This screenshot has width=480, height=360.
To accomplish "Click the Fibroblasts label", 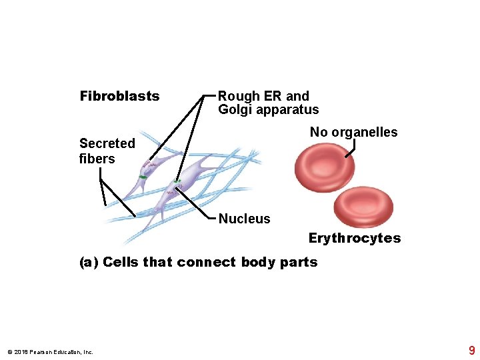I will click(x=119, y=96).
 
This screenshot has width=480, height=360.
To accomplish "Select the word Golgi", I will click(x=233, y=110).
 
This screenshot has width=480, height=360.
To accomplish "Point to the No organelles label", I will click(x=353, y=132).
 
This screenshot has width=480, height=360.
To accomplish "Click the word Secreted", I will click(x=107, y=143).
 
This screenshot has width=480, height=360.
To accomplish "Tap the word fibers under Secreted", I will click(x=97, y=159).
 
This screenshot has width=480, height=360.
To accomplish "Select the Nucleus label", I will click(x=244, y=219).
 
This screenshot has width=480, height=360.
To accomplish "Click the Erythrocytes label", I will click(x=355, y=238).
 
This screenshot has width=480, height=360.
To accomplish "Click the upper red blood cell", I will click(x=325, y=167).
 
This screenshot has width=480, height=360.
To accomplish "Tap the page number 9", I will click(x=472, y=351).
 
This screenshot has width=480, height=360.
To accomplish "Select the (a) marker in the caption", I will click(x=89, y=262).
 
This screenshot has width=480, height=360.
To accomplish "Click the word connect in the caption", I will click(x=206, y=262).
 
